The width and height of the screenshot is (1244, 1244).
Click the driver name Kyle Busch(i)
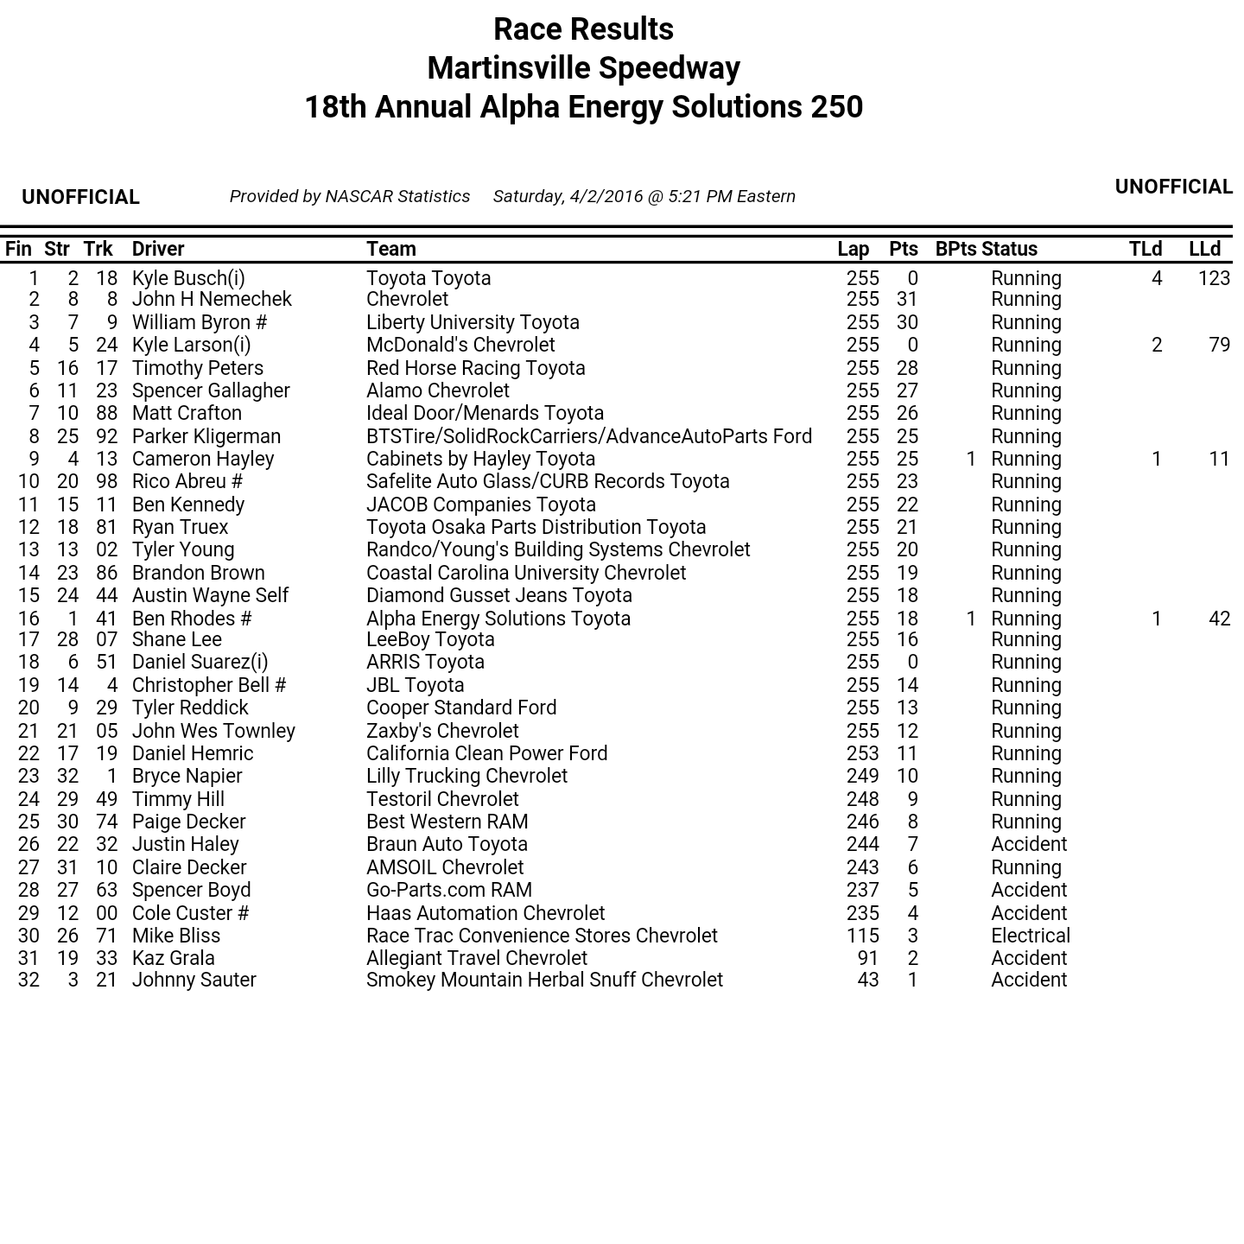point(188,278)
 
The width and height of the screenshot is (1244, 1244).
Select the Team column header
point(390,249)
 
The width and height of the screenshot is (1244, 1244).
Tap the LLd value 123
point(1214,278)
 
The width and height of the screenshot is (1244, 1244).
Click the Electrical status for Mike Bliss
point(1030,936)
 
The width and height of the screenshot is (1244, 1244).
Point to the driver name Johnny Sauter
point(194,980)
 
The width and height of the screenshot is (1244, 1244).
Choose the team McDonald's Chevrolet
point(460,345)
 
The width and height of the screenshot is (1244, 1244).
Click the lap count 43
point(867,980)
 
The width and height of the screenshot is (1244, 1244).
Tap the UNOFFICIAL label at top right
point(1173,187)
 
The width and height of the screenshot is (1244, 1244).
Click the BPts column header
point(955,249)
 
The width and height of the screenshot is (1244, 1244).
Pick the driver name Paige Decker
point(188,822)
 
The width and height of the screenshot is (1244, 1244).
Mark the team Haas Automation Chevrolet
point(486,913)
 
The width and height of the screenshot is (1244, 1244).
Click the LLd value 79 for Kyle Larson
point(1219,345)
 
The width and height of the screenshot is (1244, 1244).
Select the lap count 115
point(862,936)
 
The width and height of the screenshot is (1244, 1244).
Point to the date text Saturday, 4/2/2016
point(568,197)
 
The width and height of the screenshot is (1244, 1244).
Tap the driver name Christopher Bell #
point(208,685)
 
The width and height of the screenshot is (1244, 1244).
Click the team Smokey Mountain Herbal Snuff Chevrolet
point(544,980)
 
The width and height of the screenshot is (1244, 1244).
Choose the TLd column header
point(1145,249)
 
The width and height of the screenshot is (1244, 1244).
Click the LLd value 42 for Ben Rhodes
point(1219,619)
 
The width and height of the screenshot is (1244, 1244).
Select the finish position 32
point(29,980)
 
